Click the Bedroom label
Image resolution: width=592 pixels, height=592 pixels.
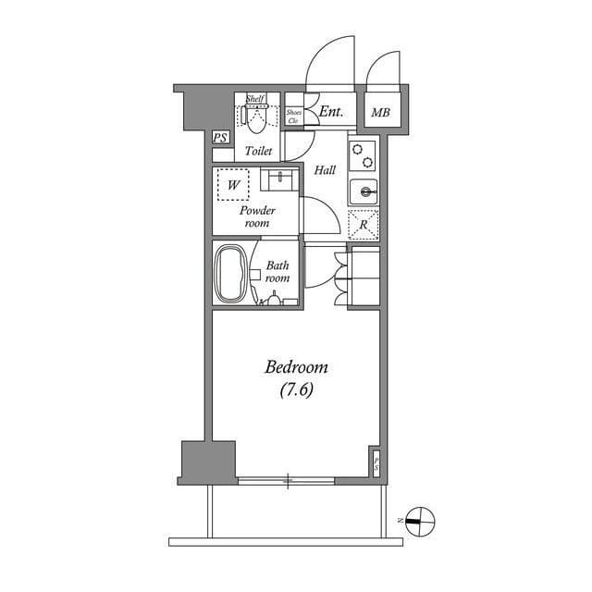click(296, 368)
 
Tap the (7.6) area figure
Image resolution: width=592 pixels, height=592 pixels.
click(296, 390)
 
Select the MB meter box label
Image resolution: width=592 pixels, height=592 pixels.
click(380, 113)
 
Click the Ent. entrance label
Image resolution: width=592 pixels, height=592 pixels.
click(330, 112)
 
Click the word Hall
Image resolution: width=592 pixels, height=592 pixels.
click(324, 170)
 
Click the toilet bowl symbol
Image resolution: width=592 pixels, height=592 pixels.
click(256, 118)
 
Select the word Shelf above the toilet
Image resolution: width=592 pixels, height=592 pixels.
click(256, 99)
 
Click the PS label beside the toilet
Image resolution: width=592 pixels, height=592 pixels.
click(220, 139)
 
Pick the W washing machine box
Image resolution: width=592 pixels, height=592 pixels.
click(233, 185)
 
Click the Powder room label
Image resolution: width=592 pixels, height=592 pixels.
click(257, 216)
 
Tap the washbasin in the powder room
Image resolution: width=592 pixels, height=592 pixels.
click(278, 178)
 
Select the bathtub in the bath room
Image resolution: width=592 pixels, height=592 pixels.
click(231, 273)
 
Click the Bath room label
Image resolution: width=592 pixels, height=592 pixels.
click(277, 271)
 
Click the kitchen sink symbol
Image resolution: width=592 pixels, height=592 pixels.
click(364, 192)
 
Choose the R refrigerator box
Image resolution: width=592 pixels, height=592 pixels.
click(363, 225)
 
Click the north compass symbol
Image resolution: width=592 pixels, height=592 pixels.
click(419, 521)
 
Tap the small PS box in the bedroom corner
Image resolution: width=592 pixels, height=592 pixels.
click(376, 462)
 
